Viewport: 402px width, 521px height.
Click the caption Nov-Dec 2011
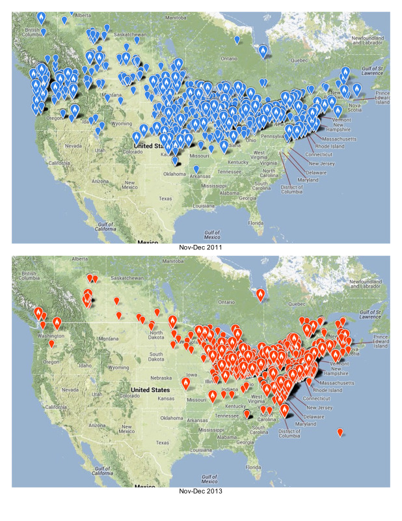[x=200, y=248]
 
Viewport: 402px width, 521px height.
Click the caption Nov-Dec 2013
[x=200, y=492]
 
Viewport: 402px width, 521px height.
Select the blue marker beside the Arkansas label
[x=196, y=169]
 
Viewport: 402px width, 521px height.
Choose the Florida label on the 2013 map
[x=254, y=468]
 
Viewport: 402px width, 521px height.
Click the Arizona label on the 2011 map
[x=100, y=180]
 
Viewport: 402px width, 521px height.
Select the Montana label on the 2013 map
[x=110, y=338]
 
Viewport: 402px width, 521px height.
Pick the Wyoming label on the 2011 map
[x=122, y=123]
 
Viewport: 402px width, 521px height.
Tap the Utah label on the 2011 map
[x=100, y=150]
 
